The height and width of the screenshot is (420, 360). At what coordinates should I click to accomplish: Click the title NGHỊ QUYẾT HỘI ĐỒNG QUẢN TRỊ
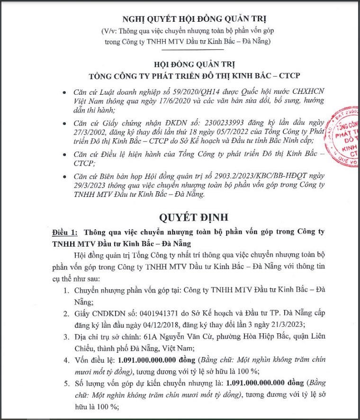(194, 19)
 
